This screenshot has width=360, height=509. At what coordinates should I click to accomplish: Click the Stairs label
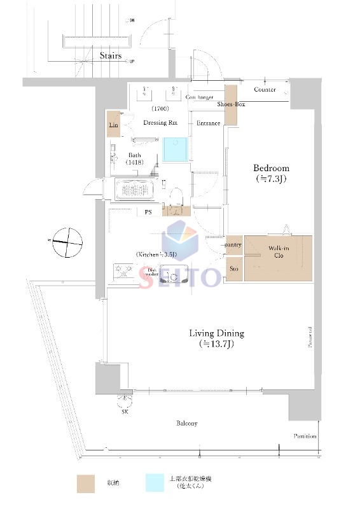[111, 56]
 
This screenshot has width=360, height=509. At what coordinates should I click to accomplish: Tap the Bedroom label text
[272, 169]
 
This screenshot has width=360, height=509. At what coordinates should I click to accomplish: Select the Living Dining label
[216, 333]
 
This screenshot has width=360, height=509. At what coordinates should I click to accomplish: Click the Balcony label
[187, 423]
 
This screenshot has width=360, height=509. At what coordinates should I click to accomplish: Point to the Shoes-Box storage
[231, 104]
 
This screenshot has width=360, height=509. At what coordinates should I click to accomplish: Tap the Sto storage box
[233, 269]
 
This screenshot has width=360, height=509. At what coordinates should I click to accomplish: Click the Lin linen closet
[114, 125]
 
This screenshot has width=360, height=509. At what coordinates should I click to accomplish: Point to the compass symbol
[68, 242]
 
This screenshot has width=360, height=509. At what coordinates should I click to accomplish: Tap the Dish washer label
[151, 273]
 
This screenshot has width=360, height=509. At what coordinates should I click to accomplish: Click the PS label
[148, 212]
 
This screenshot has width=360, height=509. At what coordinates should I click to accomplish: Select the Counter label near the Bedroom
[265, 90]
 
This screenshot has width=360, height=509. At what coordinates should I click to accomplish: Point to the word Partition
[305, 436]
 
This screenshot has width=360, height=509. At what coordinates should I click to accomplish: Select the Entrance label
[209, 123]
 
